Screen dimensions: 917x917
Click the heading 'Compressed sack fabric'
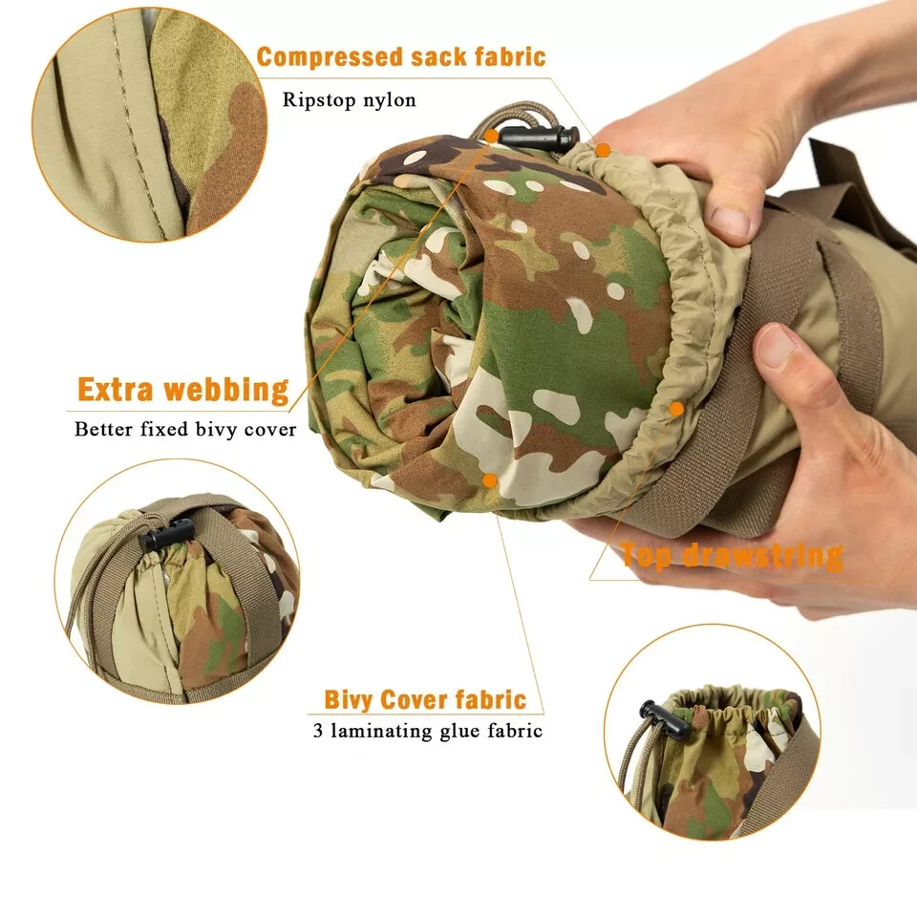click(401, 57)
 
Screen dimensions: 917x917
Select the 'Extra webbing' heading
click(182, 391)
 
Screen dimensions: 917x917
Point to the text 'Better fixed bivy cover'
click(185, 429)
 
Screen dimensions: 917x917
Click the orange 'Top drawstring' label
click(732, 555)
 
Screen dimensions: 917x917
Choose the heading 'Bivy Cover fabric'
click(425, 700)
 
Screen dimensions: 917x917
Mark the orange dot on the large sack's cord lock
click(491, 137)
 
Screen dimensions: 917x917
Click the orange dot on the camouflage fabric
click(489, 480)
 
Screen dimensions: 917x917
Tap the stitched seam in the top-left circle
click(135, 124)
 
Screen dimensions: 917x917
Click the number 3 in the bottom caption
click(318, 732)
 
